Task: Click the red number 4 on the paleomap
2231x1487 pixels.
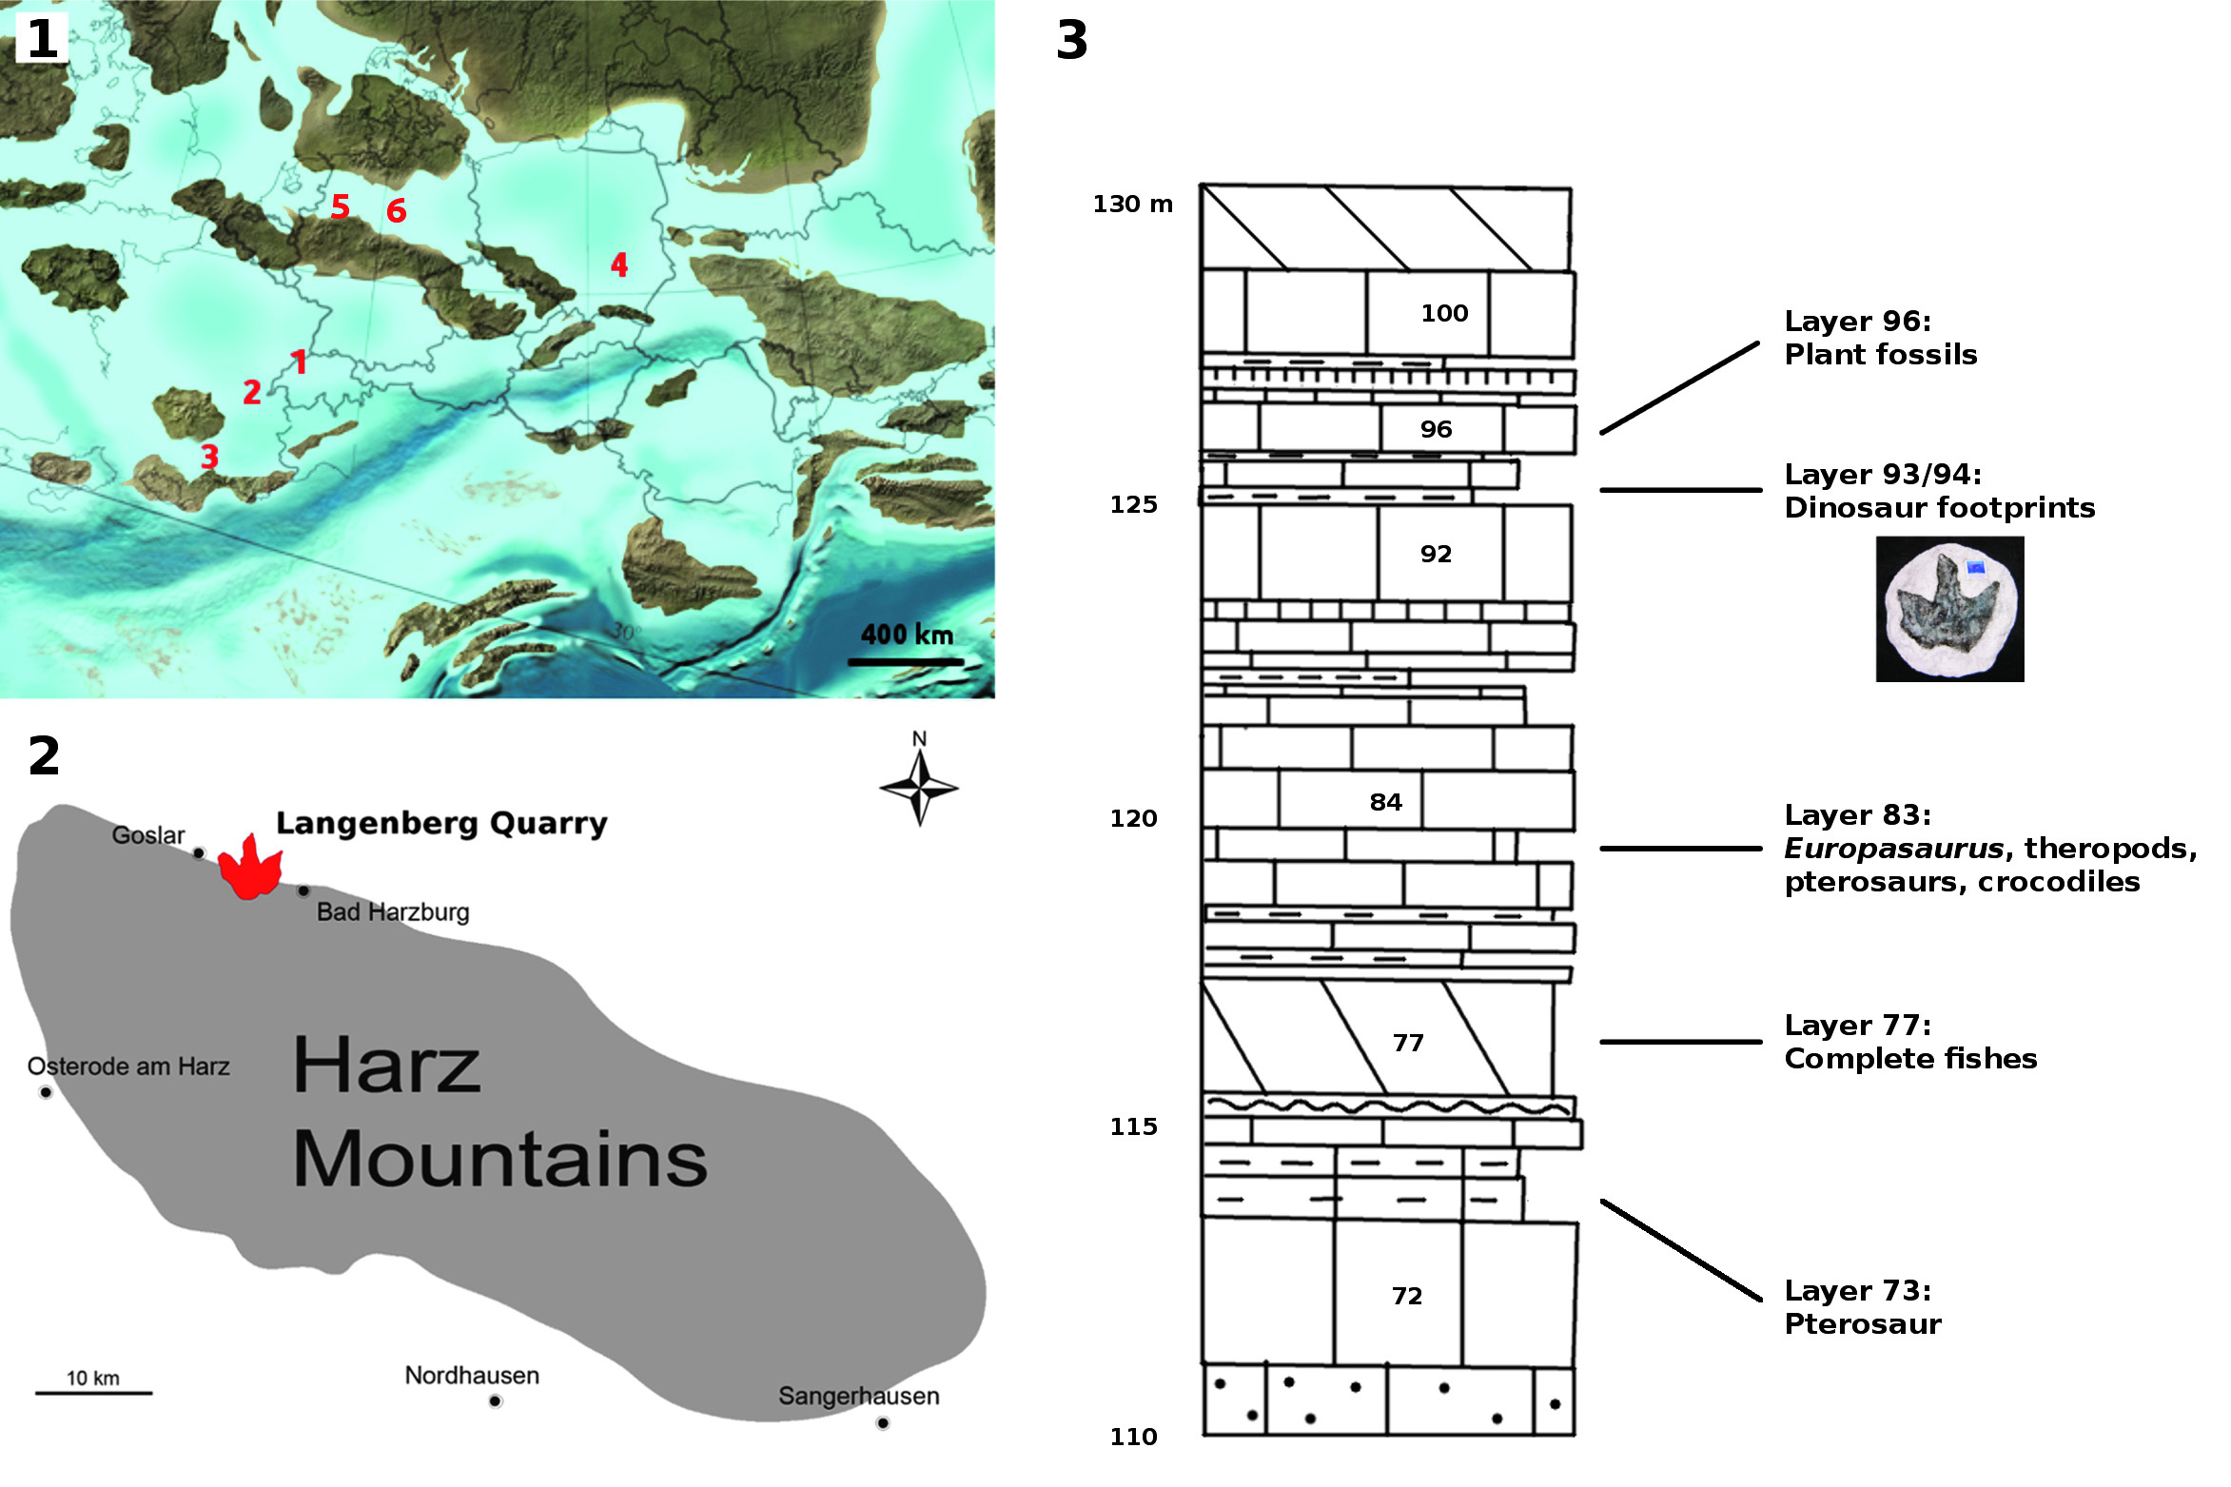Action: (x=619, y=264)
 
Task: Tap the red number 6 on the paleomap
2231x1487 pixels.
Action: (x=397, y=210)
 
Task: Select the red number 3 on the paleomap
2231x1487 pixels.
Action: (x=210, y=457)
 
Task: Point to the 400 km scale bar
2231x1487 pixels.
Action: (x=905, y=661)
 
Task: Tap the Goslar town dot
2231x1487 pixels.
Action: (x=199, y=853)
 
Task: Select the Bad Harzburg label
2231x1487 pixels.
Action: (x=393, y=912)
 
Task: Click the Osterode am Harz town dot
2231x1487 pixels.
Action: (x=46, y=1092)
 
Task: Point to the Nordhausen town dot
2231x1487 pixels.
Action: (x=495, y=1400)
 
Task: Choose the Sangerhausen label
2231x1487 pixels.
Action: (x=858, y=1396)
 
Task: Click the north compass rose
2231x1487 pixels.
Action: (x=919, y=787)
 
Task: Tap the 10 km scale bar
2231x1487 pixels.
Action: (x=93, y=1393)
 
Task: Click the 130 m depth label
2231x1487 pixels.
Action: (x=1132, y=205)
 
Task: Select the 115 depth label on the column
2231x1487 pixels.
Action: (x=1133, y=1126)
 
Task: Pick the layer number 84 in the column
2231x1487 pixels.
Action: (x=1385, y=802)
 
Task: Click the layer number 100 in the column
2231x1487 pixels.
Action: (x=1444, y=313)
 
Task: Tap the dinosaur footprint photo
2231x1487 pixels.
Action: (x=1949, y=609)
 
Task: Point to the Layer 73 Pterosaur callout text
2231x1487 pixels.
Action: (x=1862, y=1307)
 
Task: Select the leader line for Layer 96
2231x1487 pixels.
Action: (x=1679, y=388)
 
